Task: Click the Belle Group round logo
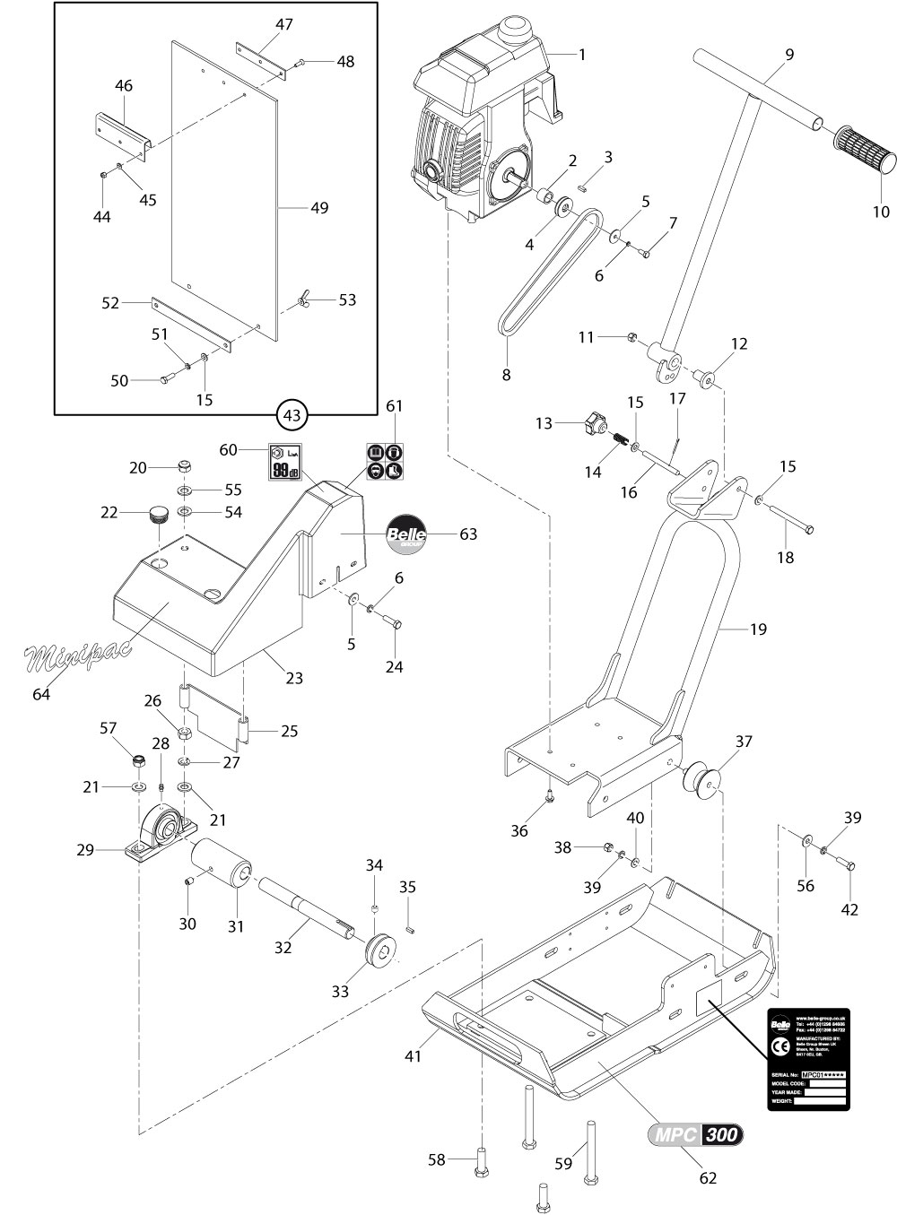click(405, 535)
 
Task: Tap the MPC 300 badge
click(695, 1134)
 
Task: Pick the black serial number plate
click(807, 1059)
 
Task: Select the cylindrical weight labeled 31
click(222, 860)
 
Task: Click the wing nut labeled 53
click(302, 299)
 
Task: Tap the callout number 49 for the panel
click(318, 208)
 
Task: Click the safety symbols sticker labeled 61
click(384, 459)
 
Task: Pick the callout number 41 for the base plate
click(414, 1056)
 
